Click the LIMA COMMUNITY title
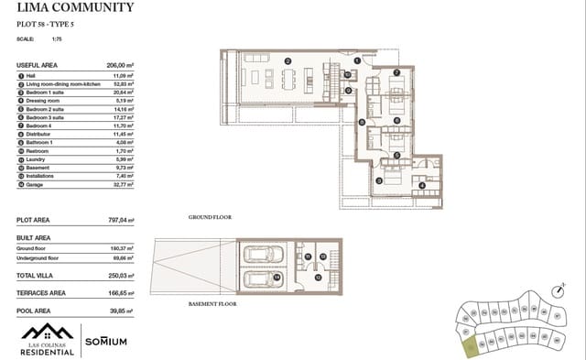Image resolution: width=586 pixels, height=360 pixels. [x=75, y=8]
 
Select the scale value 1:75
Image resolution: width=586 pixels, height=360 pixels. [x=57, y=39]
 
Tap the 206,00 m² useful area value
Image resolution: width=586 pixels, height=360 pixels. [x=117, y=66]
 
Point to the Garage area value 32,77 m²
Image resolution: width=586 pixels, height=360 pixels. [x=120, y=185]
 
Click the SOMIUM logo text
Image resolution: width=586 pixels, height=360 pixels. [x=106, y=341]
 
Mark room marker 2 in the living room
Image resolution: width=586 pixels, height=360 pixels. [x=287, y=61]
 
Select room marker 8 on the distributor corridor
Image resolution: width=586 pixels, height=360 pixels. [x=363, y=122]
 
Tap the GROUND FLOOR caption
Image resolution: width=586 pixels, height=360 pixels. [x=210, y=218]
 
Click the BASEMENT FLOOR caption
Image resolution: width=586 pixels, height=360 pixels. [x=213, y=302]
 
